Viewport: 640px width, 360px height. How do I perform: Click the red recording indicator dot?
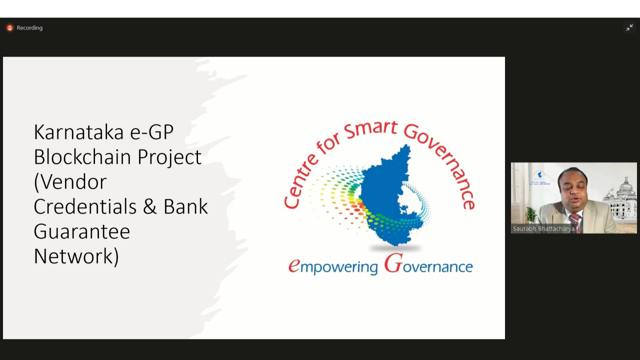9,27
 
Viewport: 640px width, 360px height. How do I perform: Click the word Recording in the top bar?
29,27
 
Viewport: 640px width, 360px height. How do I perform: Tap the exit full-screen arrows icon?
629,27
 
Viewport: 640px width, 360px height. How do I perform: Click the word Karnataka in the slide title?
79,132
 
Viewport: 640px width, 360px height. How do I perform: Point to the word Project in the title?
169,157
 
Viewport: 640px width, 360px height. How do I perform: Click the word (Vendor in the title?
70,181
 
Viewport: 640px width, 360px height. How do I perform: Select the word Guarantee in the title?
82,231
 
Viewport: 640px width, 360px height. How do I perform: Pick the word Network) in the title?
76,256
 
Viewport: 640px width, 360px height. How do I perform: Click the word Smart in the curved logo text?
370,129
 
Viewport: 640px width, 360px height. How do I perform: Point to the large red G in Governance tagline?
393,263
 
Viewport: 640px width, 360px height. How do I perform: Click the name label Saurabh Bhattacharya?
543,229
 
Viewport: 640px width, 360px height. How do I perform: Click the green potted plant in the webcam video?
530,215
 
